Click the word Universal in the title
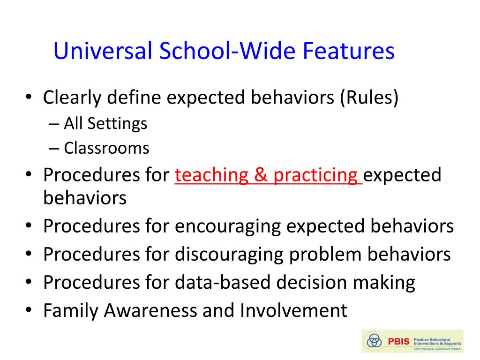click(x=103, y=51)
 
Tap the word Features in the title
click(x=349, y=51)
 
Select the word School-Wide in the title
click(x=227, y=51)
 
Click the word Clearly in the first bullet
click(x=72, y=98)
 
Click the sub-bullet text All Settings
click(x=105, y=124)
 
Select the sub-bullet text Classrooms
click(x=106, y=148)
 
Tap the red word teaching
click(x=211, y=176)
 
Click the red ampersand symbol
click(x=261, y=175)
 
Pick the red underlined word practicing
click(x=315, y=176)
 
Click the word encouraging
click(x=228, y=227)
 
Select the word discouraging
click(x=229, y=255)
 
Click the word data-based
click(x=223, y=282)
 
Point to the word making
click(x=384, y=283)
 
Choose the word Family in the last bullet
click(x=71, y=311)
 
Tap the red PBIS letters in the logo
click(x=398, y=341)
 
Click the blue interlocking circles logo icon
click(x=374, y=340)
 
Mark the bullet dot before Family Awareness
click(x=29, y=309)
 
